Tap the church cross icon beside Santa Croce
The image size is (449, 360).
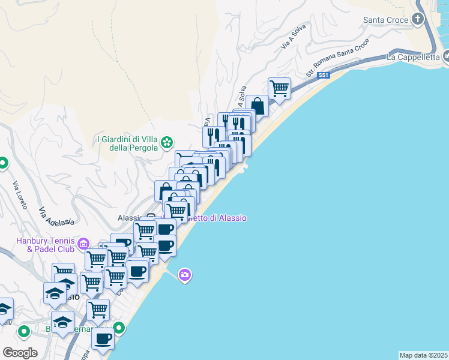pyautogui.click(x=419, y=20)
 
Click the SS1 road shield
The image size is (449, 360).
pyautogui.click(x=324, y=75)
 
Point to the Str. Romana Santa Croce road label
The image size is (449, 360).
pyautogui.click(x=329, y=59)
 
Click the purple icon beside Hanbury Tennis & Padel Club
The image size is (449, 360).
pyautogui.click(x=83, y=244)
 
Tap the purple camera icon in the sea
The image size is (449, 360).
pyautogui.click(x=185, y=275)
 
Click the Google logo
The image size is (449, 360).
pyautogui.click(x=20, y=352)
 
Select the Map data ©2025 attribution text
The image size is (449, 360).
pyautogui.click(x=423, y=355)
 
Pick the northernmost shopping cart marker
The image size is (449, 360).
pyautogui.click(x=280, y=88)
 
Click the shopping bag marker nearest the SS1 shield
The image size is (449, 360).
pyautogui.click(x=257, y=106)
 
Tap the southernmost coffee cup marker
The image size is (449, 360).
pyautogui.click(x=103, y=338)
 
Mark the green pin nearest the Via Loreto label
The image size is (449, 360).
pyautogui.click(x=3, y=163)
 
